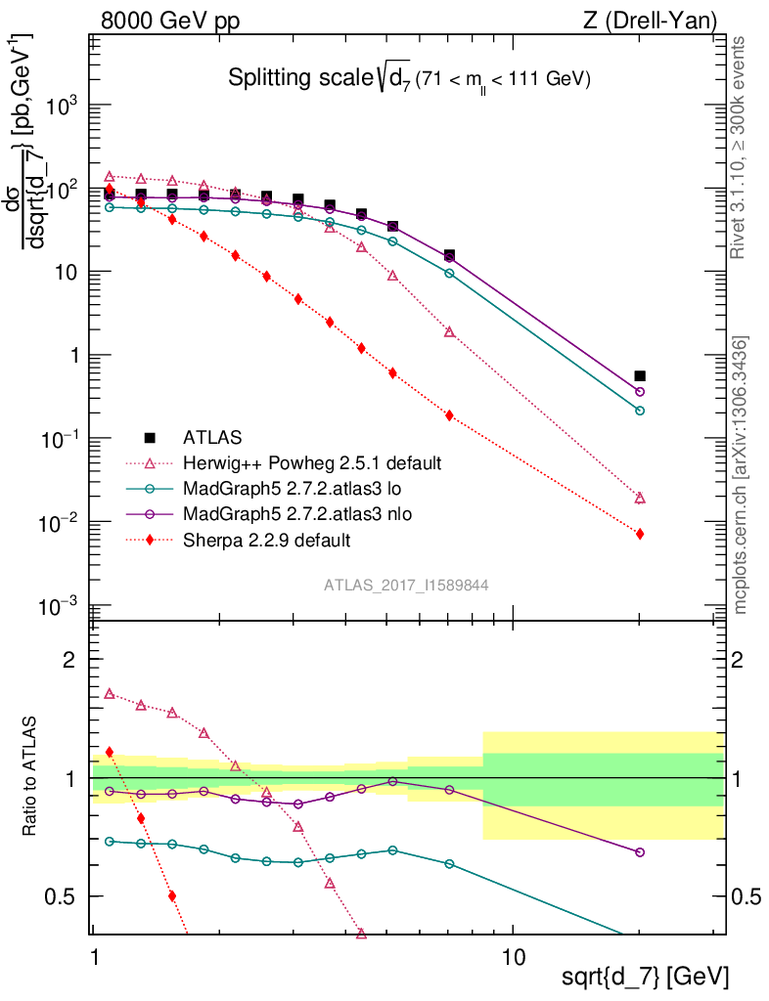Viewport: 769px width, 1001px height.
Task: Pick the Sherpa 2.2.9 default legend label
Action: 266,539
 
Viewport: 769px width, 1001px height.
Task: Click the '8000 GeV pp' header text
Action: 170,20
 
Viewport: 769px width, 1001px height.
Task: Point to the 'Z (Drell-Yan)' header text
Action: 657,20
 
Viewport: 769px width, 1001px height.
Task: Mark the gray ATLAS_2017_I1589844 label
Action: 406,585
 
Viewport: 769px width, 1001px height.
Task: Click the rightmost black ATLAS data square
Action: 640,375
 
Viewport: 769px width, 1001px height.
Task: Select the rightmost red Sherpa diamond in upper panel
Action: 640,534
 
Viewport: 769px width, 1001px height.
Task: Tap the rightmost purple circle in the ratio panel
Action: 640,852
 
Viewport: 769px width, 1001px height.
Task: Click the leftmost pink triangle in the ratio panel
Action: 110,693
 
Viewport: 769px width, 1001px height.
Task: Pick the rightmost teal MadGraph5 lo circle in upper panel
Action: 640,411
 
